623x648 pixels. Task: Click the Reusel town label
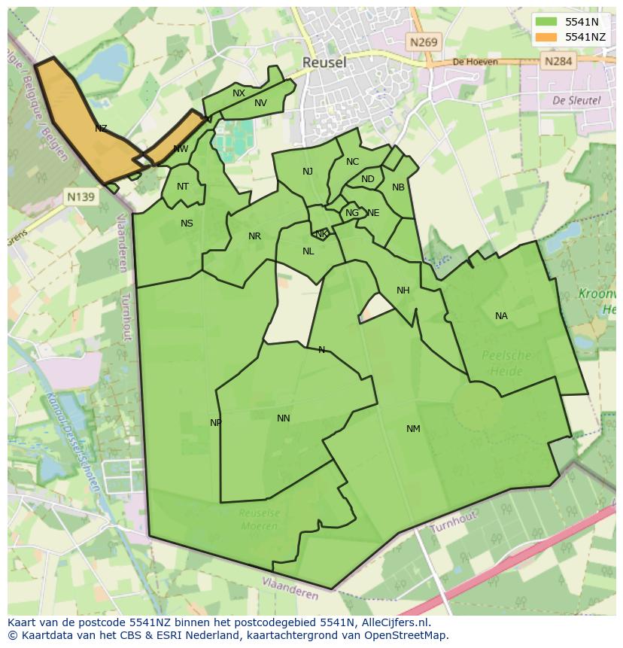(324, 62)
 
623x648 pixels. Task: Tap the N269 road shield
(424, 42)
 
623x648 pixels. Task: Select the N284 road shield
(558, 61)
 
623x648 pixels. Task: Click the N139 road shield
(81, 197)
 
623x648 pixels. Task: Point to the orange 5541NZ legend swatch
(547, 36)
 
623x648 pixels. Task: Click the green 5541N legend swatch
(547, 22)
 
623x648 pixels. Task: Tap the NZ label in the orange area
(101, 129)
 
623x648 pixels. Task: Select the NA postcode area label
(501, 316)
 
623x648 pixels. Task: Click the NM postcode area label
(413, 429)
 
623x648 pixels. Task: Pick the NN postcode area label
(283, 418)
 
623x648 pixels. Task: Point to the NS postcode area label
(187, 224)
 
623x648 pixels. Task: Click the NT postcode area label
(183, 187)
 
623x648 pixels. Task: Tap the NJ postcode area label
(308, 172)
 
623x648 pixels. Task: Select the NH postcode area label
(403, 291)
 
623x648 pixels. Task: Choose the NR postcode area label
(254, 236)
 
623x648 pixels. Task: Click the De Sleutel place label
(576, 99)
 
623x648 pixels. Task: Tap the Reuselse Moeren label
(259, 519)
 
